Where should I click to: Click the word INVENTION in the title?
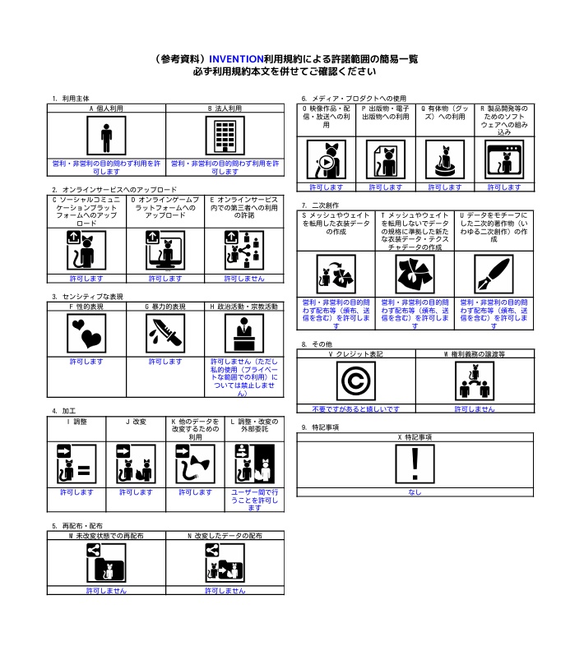tap(236, 59)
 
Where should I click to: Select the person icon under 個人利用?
tap(106, 136)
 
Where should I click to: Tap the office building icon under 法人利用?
tap(225, 136)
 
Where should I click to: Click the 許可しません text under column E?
tap(244, 279)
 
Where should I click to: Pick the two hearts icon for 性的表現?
tap(86, 334)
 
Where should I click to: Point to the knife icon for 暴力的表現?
tap(165, 334)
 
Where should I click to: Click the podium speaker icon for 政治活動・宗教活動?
tap(244, 334)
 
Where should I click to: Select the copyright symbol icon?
tap(356, 381)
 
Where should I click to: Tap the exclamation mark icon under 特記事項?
tap(415, 464)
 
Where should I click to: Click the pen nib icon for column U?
tap(494, 274)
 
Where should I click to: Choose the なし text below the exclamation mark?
tap(415, 492)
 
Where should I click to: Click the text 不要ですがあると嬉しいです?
tap(356, 409)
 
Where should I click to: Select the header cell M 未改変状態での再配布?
tap(106, 536)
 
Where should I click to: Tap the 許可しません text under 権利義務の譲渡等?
tap(475, 409)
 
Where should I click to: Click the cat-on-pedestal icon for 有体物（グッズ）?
tap(445, 159)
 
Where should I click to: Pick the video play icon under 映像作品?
tap(327, 159)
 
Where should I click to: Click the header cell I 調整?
tap(76, 422)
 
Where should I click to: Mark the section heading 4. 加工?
tap(64, 411)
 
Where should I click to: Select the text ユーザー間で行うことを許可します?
tap(254, 501)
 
